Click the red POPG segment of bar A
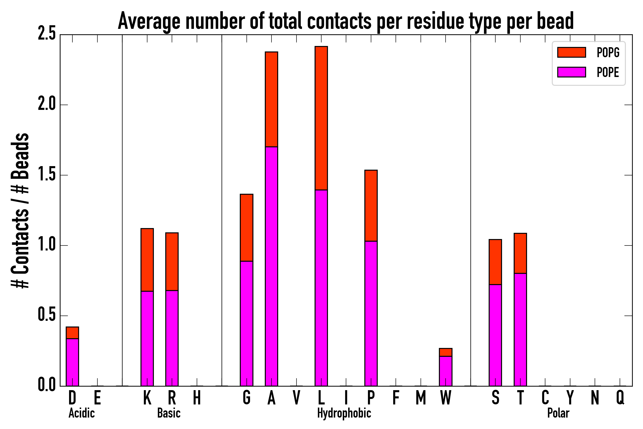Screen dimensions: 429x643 (271, 99)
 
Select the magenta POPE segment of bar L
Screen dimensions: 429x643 (321, 287)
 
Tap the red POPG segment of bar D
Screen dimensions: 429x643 (72, 333)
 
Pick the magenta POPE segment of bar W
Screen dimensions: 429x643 (445, 371)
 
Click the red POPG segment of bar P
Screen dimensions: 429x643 (371, 205)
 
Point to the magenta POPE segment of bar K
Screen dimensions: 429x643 (147, 338)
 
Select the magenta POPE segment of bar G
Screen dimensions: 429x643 (246, 323)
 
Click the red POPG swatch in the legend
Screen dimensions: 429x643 (571, 52)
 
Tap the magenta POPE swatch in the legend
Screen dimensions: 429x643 (571, 72)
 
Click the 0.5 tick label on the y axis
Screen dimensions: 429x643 (47, 315)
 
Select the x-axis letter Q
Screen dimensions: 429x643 (620, 397)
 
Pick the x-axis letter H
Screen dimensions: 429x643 (197, 397)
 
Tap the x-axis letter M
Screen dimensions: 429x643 (421, 397)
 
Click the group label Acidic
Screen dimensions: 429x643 (81, 413)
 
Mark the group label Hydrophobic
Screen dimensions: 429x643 (344, 413)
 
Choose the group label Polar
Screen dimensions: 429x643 (558, 413)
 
